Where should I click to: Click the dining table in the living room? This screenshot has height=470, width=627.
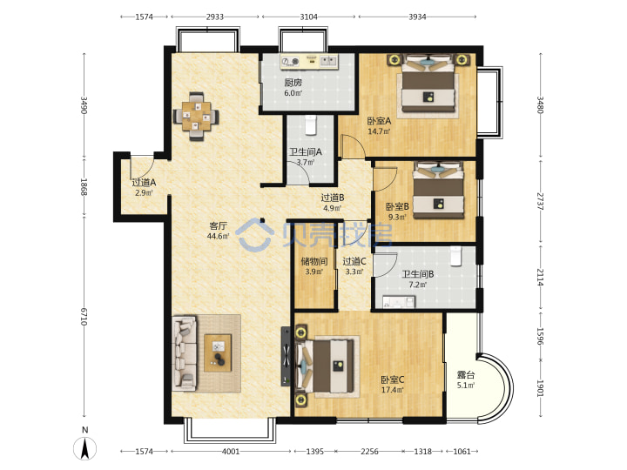pyautogui.click(x=196, y=117)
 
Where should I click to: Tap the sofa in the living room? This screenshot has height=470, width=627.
pyautogui.click(x=185, y=353)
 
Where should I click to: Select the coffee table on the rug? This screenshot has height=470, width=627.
pyautogui.click(x=218, y=353)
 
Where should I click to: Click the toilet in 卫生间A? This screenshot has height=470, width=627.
pyautogui.click(x=310, y=124)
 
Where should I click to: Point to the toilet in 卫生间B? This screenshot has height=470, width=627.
pyautogui.click(x=455, y=256)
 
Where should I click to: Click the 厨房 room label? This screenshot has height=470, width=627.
pyautogui.click(x=293, y=83)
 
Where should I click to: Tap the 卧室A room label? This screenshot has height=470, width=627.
pyautogui.click(x=379, y=121)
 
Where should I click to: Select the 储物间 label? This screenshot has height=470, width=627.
pyautogui.click(x=313, y=261)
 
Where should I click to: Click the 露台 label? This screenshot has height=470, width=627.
pyautogui.click(x=466, y=375)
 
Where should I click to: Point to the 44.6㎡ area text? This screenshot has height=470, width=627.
pyautogui.click(x=219, y=236)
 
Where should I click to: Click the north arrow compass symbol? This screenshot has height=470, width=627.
pyautogui.click(x=84, y=447)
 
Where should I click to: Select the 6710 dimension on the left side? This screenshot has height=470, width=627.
pyautogui.click(x=84, y=317)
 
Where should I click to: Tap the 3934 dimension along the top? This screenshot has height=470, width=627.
pyautogui.click(x=417, y=17)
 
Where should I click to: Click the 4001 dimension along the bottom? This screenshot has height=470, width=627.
pyautogui.click(x=231, y=451)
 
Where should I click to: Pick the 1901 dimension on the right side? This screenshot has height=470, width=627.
pyautogui.click(x=540, y=388)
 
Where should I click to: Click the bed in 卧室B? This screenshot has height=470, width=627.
pyautogui.click(x=438, y=191)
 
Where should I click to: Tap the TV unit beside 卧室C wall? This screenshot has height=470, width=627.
pyautogui.click(x=287, y=356)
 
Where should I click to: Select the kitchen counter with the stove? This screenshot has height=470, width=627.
pyautogui.click(x=309, y=61)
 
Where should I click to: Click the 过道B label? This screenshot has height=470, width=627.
pyautogui.click(x=333, y=198)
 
